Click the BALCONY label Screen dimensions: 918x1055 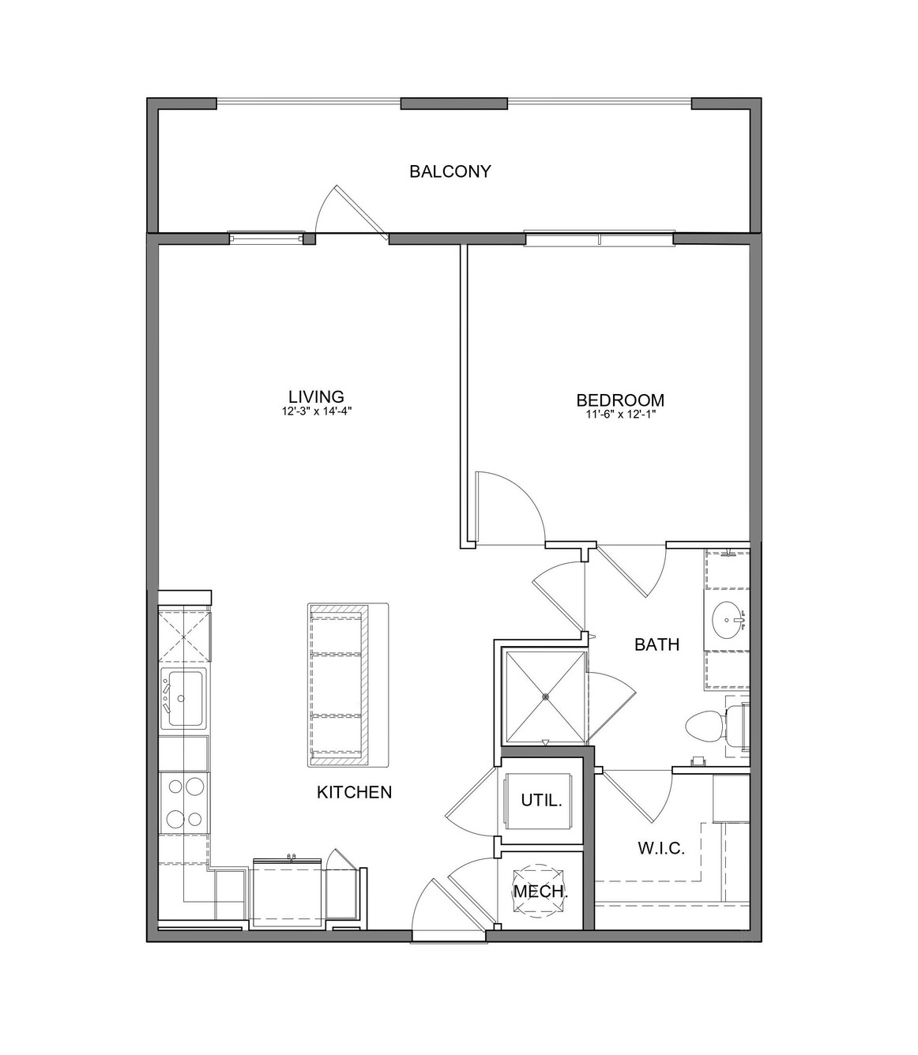450,171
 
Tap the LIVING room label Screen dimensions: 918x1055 316,396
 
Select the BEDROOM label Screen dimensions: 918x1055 620,400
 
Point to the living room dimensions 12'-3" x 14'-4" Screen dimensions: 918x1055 317,411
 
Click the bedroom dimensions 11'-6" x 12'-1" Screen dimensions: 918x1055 620,414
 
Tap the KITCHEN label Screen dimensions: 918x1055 354,792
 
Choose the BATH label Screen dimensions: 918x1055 657,644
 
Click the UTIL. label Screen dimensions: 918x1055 541,800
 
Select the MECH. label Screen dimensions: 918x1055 540,891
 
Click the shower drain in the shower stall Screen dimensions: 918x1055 545,696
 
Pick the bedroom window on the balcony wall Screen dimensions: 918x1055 600,238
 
